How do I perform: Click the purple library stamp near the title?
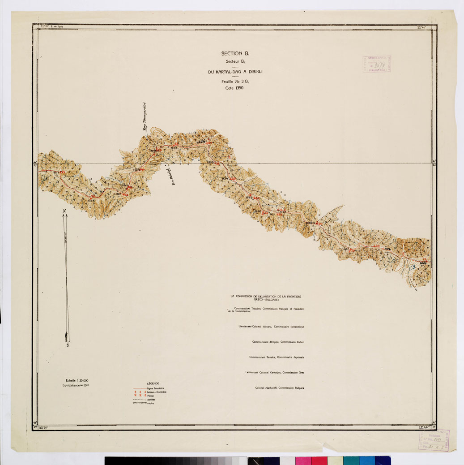point(377,65)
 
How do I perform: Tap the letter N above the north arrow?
point(64,211)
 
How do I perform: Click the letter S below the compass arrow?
point(68,345)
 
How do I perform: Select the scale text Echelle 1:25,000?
point(77,380)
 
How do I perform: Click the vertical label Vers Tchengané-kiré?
point(145,117)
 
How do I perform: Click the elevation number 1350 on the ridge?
point(200,142)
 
